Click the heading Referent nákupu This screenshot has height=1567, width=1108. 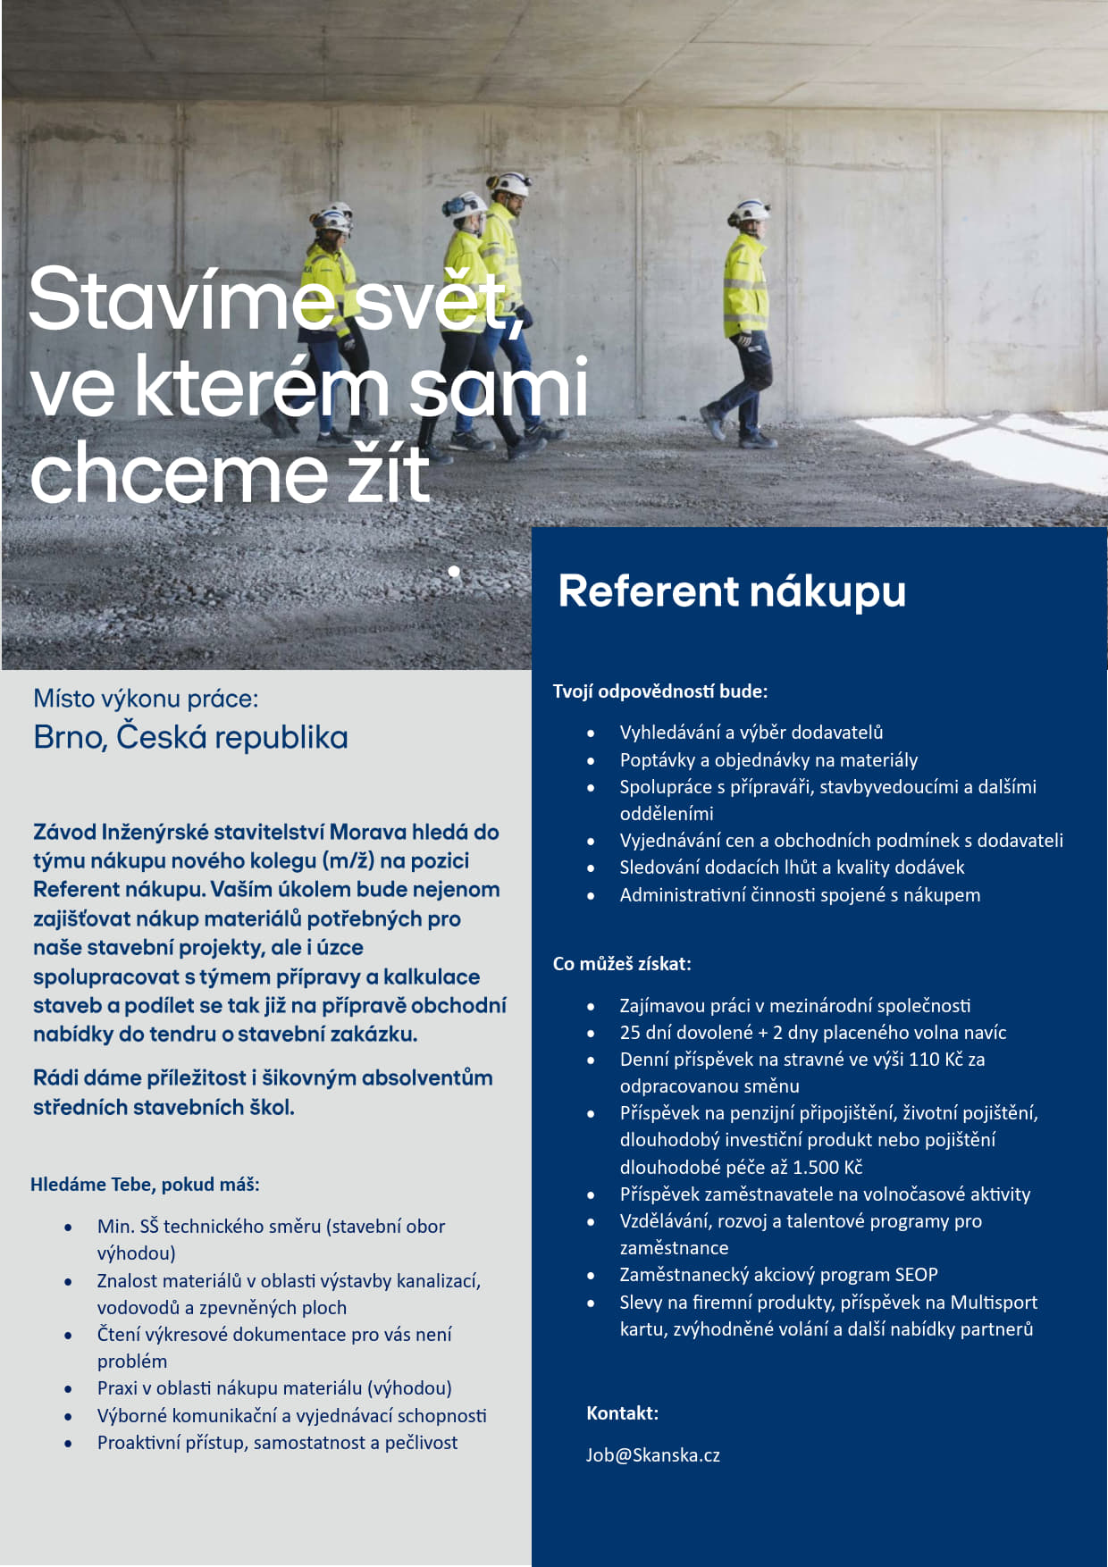(x=732, y=591)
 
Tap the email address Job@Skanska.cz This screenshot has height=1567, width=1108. (x=652, y=1455)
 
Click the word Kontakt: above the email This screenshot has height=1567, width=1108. (x=622, y=1413)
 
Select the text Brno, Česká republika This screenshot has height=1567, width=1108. (x=190, y=738)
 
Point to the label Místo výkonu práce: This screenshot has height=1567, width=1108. (x=146, y=699)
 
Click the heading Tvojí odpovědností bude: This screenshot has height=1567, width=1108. (x=660, y=691)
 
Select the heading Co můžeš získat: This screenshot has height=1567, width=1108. (x=622, y=964)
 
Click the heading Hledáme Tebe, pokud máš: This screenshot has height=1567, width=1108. (x=145, y=1185)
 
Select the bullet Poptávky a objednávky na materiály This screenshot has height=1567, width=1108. (x=768, y=760)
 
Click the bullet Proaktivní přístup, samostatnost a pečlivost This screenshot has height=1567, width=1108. (x=277, y=1443)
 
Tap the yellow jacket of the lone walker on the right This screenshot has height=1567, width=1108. (x=746, y=286)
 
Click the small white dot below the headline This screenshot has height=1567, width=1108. (x=454, y=571)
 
